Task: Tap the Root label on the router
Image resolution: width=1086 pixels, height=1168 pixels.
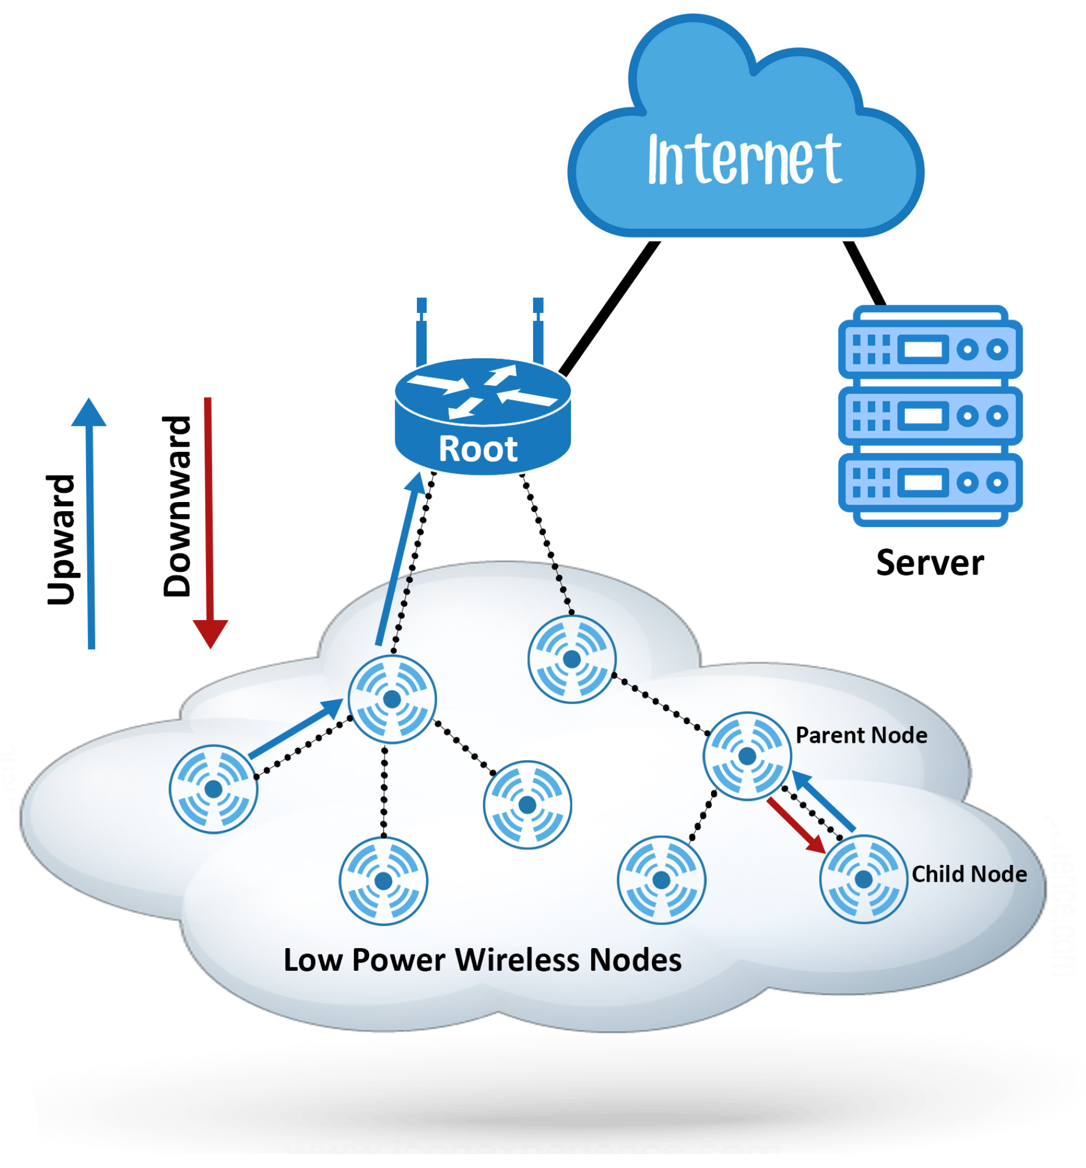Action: (x=478, y=450)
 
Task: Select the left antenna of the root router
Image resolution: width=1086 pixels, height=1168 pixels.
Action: (x=421, y=332)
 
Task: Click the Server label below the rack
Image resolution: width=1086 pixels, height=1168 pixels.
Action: (x=929, y=563)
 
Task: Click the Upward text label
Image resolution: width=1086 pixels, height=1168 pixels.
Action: (x=61, y=539)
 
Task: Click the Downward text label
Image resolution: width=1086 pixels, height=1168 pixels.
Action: (x=177, y=507)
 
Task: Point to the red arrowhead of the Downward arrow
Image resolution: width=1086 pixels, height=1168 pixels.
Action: (x=210, y=633)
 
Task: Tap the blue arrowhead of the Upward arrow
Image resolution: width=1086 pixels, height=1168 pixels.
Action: (x=89, y=412)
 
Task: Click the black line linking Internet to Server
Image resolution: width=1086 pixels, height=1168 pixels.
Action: (x=864, y=274)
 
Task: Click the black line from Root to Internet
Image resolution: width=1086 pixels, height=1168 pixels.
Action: (x=610, y=308)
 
